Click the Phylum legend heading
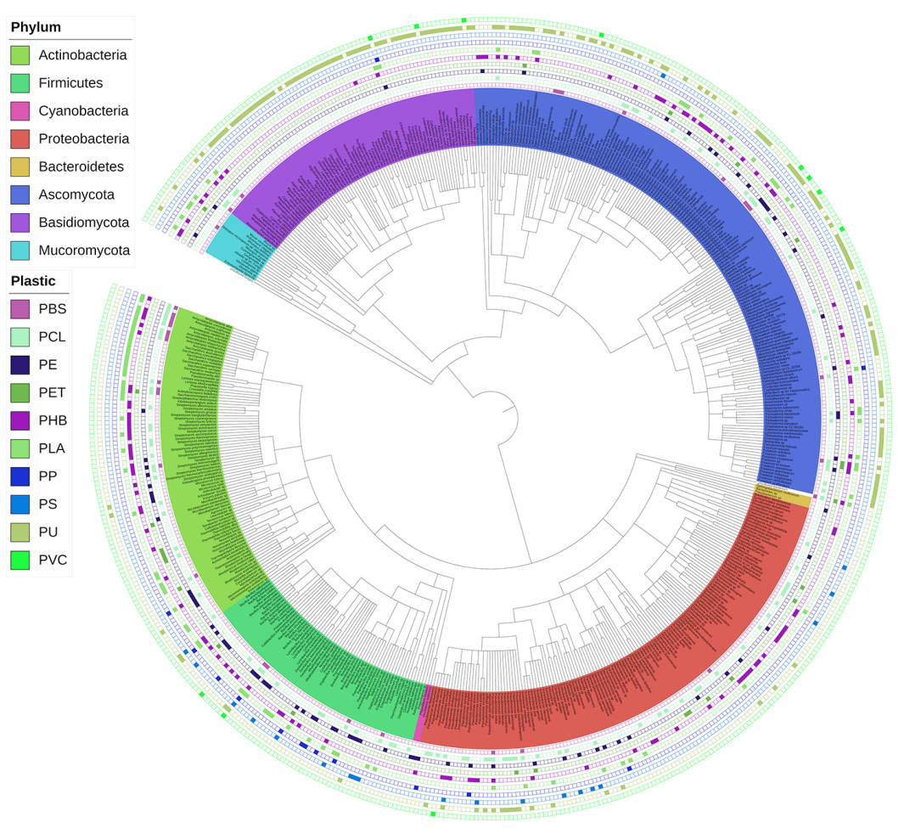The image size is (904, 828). pos(36,27)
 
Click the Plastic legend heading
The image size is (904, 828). pos(33,281)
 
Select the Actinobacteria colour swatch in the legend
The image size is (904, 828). pos(20,55)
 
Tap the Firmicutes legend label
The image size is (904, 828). pos(70,83)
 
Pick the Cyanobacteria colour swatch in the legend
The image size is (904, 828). pos(20,111)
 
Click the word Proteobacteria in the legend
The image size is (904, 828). pos(84,138)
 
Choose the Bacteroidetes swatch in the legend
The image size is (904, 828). pos(20,167)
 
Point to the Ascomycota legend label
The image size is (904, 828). pos(76,194)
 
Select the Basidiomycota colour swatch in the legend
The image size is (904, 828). pos(20,222)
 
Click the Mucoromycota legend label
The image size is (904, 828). pos(84,251)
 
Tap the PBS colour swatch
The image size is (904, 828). pos(20,309)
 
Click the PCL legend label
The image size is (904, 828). pos(52,337)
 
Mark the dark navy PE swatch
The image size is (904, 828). pos(20,365)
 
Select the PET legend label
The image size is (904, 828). pos(52,392)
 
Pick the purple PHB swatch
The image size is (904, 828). pos(20,420)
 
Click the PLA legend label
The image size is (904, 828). pos(52,448)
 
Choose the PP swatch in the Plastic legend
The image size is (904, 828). pos(20,476)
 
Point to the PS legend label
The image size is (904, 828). pos(48,504)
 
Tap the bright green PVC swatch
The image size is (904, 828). pos(20,560)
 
